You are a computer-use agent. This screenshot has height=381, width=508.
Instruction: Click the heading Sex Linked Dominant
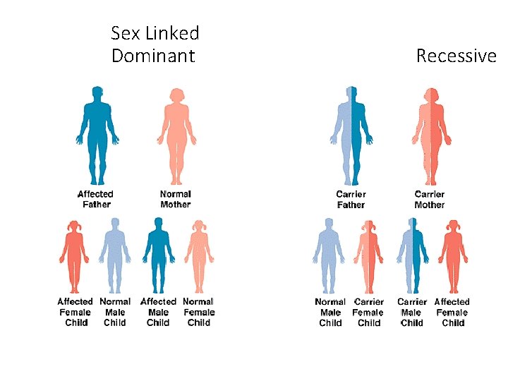pyautogui.click(x=155, y=44)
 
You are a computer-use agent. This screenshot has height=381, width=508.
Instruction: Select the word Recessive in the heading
pyautogui.click(x=456, y=56)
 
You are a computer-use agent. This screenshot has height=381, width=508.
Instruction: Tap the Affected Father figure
pyautogui.click(x=96, y=134)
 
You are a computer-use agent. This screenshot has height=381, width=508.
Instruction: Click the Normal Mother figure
pyautogui.click(x=176, y=134)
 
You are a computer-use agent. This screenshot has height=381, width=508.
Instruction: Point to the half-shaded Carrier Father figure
pyautogui.click(x=351, y=134)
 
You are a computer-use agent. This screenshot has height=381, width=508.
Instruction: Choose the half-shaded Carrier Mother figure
pyautogui.click(x=430, y=134)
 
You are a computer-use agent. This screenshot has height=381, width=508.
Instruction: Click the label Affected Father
pyautogui.click(x=95, y=199)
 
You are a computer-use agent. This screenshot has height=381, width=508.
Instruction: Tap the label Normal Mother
pyautogui.click(x=176, y=199)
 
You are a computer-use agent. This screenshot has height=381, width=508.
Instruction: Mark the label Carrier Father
pyautogui.click(x=351, y=200)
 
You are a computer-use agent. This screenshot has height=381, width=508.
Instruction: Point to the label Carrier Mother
pyautogui.click(x=430, y=200)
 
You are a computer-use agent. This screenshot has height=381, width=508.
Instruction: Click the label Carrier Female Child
pyautogui.click(x=369, y=313)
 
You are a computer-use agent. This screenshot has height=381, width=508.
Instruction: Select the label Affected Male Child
pyautogui.click(x=158, y=313)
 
